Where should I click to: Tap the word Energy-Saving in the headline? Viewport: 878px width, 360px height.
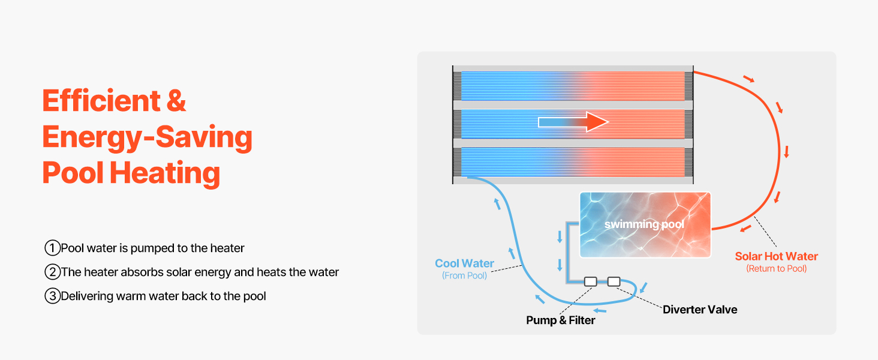[x=147, y=137]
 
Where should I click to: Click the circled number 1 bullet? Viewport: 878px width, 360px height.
[x=53, y=248]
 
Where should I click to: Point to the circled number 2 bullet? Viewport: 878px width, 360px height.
[x=53, y=272]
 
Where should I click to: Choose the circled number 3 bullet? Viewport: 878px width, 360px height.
[x=53, y=296]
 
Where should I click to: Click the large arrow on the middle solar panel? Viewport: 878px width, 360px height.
[x=573, y=122]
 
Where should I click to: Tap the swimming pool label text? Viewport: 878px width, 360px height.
[x=644, y=224]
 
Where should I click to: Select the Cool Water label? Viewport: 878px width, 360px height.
[x=464, y=263]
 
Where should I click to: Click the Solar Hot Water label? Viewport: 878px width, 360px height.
[x=776, y=257]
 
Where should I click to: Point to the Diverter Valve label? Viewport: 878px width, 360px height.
[x=699, y=310]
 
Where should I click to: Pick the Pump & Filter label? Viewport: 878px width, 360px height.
[x=560, y=320]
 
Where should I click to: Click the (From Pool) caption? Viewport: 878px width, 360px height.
[x=464, y=275]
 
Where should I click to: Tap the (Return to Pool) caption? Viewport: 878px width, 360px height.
[x=776, y=269]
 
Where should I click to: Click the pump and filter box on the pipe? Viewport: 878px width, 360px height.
[x=590, y=281]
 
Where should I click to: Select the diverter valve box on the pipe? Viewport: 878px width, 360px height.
[x=614, y=281]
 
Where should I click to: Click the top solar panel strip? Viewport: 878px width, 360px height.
[x=573, y=86]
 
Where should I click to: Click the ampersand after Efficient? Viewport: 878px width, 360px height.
[x=176, y=101]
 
